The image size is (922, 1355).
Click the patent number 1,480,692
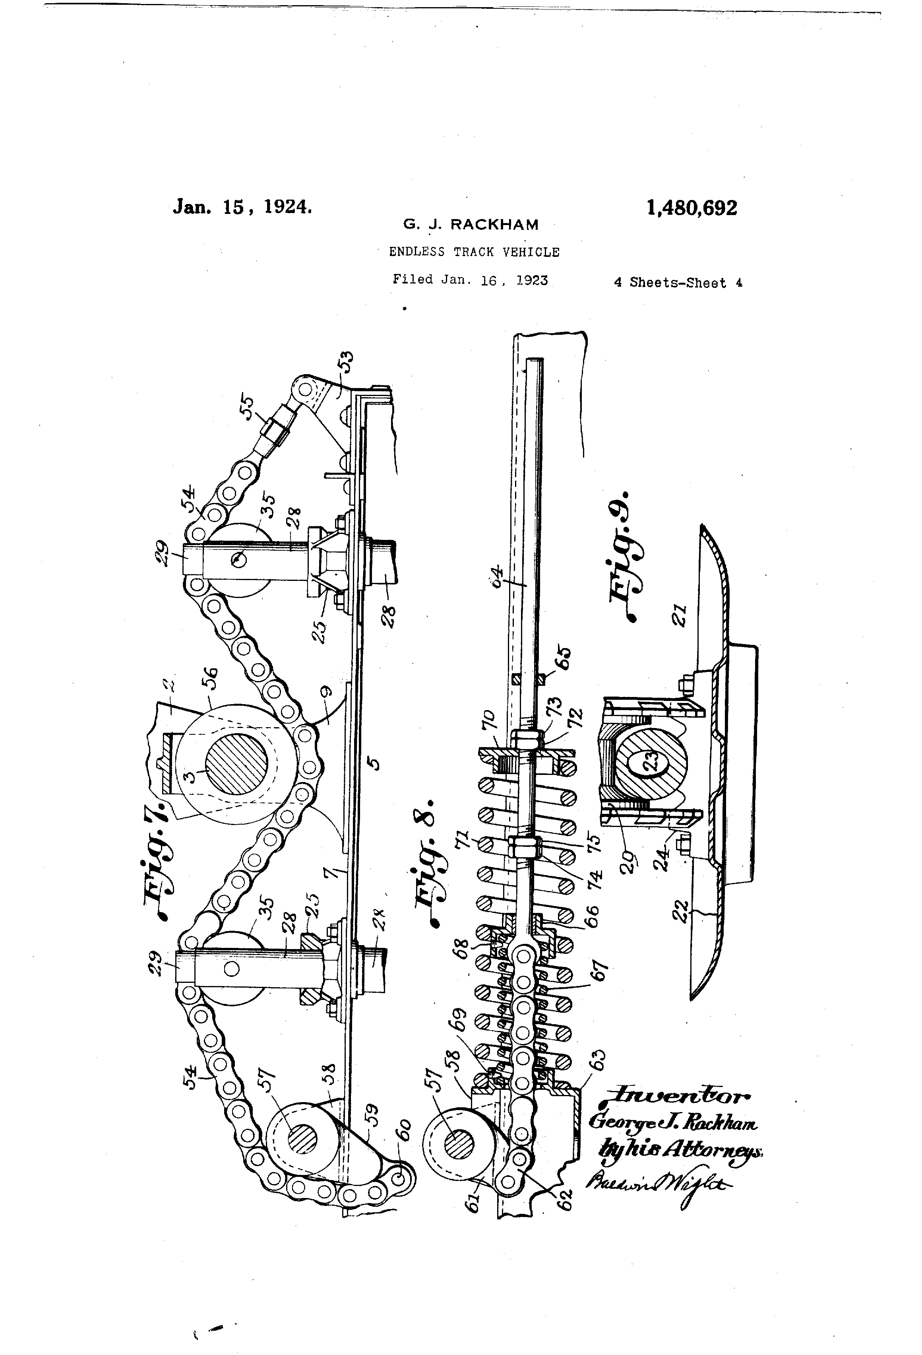[x=691, y=208]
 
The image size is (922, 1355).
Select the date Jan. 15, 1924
[x=242, y=207]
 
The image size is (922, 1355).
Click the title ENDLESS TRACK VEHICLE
[x=474, y=252]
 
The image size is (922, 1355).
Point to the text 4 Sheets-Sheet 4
[x=678, y=283]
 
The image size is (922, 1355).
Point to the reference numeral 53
[x=346, y=362]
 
